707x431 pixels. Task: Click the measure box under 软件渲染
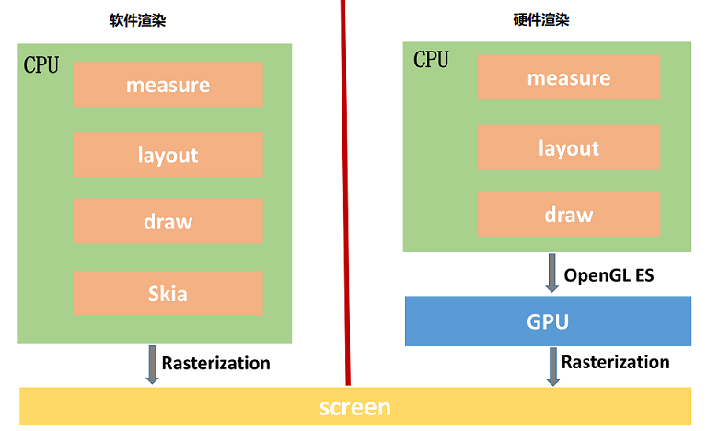168,85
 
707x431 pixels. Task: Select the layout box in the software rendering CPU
168,155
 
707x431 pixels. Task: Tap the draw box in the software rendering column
168,222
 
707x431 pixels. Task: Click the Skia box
168,294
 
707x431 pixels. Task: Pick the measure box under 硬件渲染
569,77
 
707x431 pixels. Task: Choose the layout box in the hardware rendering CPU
569,148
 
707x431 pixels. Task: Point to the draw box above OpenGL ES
569,215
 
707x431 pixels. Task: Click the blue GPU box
548,321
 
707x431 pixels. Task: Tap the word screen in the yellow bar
354,407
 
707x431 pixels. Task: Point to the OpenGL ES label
608,274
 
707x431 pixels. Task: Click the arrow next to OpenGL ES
552,274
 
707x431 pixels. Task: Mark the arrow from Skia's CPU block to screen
152,365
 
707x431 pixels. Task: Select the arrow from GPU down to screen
552,367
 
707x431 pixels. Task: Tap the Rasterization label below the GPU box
615,362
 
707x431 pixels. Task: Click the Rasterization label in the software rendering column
216,363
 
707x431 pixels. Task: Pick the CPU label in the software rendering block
41,64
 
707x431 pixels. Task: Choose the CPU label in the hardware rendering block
431,60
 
